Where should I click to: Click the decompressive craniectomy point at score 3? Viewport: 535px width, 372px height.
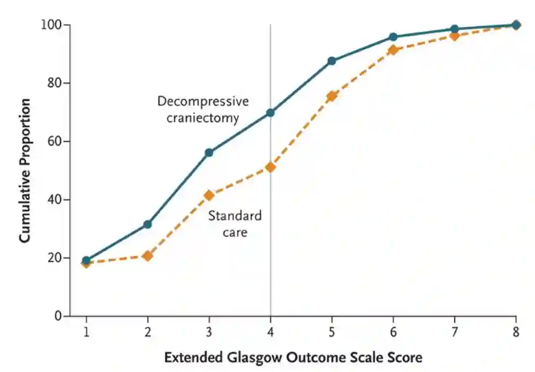coord(209,153)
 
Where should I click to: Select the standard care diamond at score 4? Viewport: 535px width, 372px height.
coord(270,167)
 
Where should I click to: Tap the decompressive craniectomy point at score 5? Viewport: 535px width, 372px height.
coord(332,61)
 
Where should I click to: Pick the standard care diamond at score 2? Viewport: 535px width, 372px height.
coord(147,256)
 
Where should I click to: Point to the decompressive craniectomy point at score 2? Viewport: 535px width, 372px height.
coord(147,224)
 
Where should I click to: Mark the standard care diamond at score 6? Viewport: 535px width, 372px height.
coord(393,50)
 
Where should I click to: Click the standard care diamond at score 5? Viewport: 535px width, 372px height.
coord(332,97)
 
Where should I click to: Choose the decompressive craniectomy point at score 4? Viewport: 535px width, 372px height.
coord(270,112)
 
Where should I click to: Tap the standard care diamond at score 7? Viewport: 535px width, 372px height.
coord(454,36)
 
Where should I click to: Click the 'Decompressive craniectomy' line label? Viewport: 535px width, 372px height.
coord(203,110)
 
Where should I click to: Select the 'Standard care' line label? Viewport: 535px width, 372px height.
coord(235,224)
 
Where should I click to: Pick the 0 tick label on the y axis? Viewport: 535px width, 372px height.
coord(58,316)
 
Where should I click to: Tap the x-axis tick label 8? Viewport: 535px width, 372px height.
coord(516,333)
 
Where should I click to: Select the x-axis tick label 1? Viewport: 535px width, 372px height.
coord(86,333)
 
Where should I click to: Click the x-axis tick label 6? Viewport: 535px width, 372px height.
coord(393,333)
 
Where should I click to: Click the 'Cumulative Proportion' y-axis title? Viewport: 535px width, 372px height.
coord(25,171)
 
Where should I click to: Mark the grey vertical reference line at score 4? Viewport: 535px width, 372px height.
coord(270,247)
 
